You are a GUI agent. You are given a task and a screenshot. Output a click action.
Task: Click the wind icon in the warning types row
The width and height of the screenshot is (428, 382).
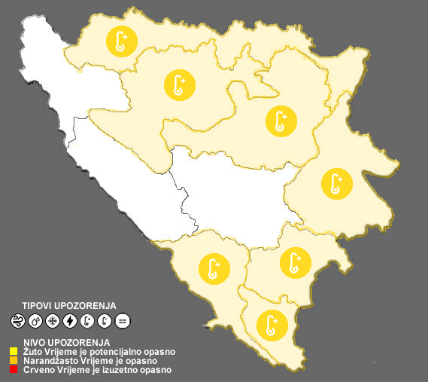17,322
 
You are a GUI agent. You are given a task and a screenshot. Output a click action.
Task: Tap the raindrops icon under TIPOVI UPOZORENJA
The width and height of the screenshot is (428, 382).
35,322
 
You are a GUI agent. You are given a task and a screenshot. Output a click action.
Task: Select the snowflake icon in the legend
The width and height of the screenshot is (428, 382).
53,322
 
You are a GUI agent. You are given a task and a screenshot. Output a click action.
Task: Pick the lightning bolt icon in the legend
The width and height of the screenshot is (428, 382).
70,322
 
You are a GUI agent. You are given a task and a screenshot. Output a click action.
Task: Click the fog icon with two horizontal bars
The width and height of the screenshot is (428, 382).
123,322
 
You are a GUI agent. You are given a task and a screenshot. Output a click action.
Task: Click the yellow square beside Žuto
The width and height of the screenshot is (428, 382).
14,351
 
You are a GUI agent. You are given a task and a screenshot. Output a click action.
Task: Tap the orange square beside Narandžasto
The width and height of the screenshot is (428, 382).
14,360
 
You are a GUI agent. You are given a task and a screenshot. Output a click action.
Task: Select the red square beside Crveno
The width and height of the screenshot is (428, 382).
14,370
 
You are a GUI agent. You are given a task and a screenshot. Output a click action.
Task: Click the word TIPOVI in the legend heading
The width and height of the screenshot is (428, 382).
38,305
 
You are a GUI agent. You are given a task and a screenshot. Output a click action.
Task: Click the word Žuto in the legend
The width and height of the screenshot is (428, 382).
33,351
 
